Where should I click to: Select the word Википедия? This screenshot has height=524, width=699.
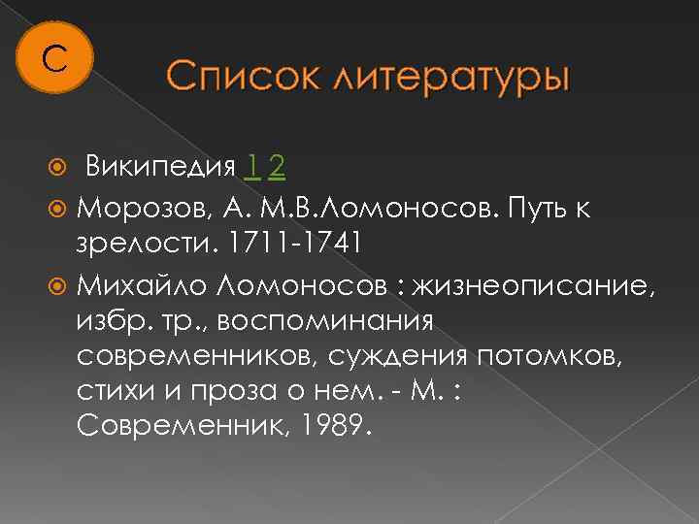coord(160,167)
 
